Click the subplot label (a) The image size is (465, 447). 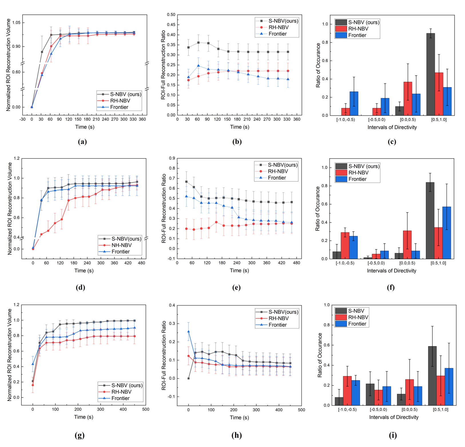click(82, 141)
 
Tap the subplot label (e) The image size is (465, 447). click(236, 288)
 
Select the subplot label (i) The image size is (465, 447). click(393, 435)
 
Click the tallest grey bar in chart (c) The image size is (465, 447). click(430, 74)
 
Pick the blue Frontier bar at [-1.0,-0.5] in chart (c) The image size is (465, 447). click(354, 103)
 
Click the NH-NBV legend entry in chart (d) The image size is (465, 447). click(121, 245)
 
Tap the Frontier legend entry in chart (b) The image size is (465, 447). click(277, 34)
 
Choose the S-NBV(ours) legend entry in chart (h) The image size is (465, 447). click(283, 312)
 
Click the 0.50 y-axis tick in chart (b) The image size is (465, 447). click(171, 15)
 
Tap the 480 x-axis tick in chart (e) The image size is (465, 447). click(296, 263)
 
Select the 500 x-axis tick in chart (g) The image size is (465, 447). click(146, 409)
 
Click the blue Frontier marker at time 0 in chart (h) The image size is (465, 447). click(188, 331)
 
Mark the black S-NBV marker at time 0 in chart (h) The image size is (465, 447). click(188, 378)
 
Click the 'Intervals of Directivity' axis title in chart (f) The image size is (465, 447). click(391, 271)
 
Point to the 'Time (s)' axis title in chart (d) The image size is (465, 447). click(84, 271)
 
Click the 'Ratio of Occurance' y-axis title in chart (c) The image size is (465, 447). click(318, 65)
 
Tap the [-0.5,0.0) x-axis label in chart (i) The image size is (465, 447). click(378, 409)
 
